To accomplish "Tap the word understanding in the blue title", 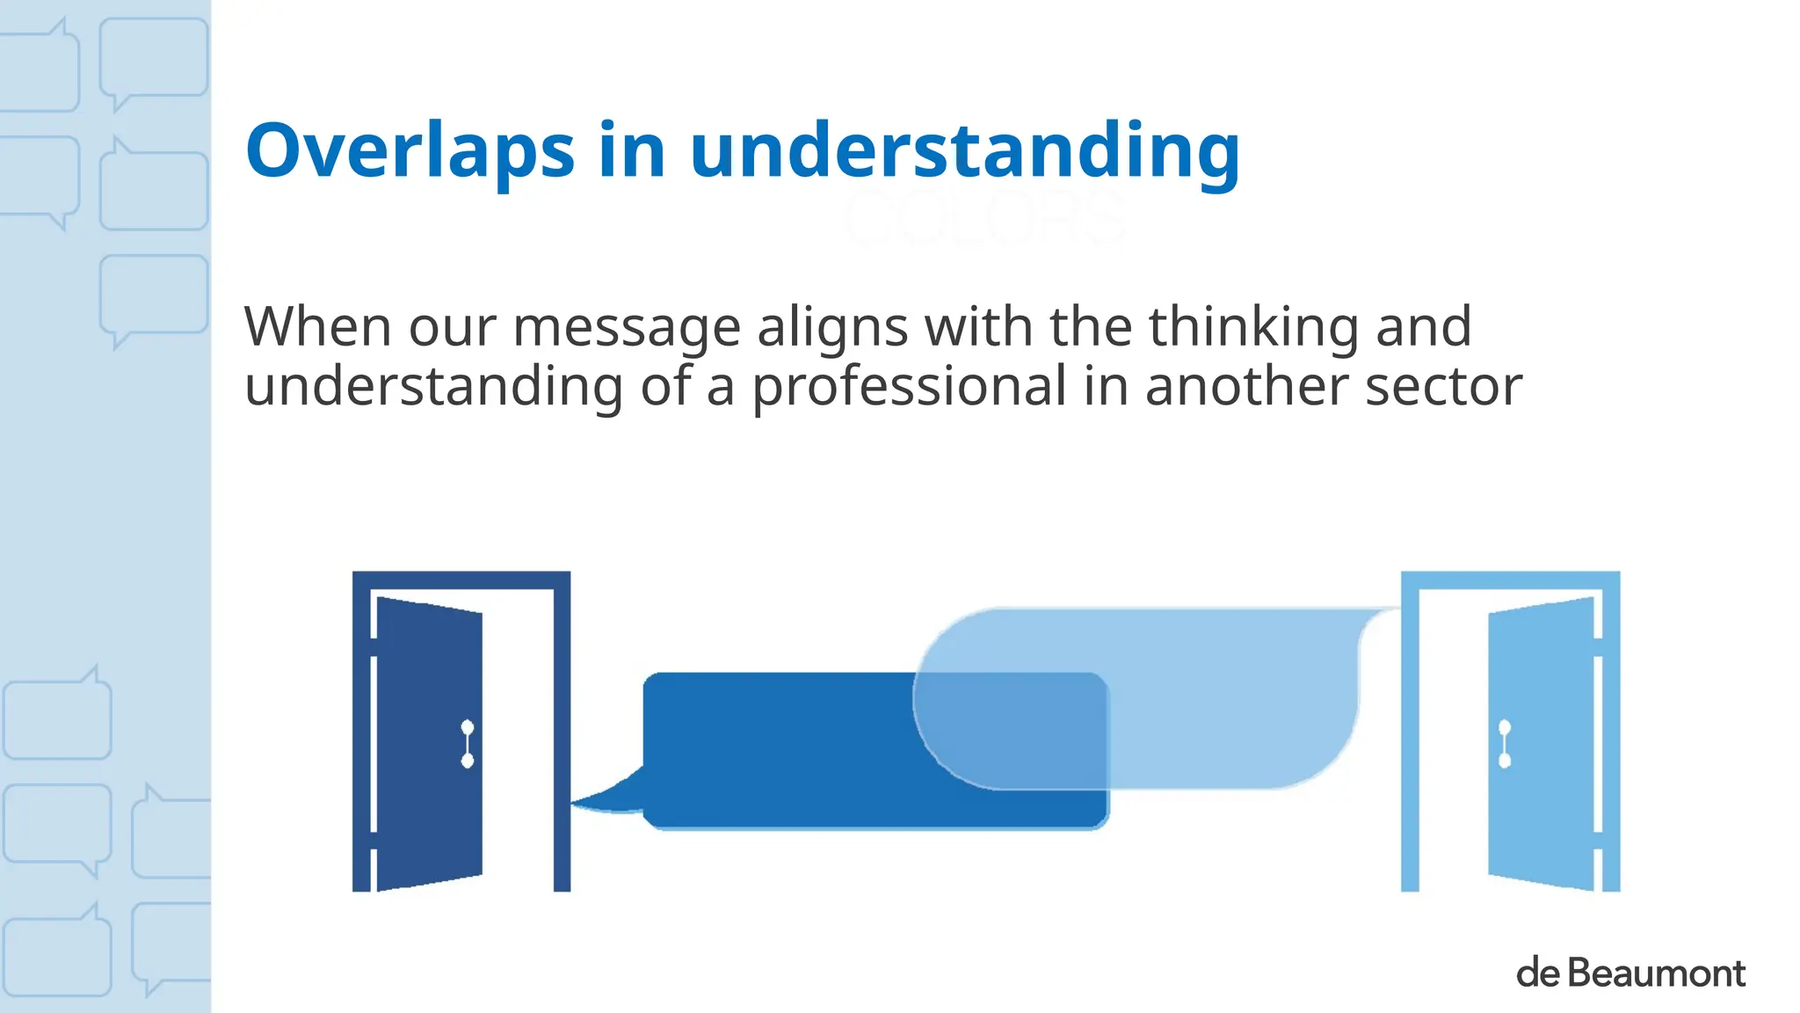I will [965, 151].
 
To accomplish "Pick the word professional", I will [909, 386].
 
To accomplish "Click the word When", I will [317, 327].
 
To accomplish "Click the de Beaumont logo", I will [1630, 973].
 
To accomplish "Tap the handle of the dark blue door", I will [468, 744].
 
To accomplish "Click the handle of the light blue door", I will [1505, 744].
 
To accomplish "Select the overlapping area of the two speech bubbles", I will [1011, 730].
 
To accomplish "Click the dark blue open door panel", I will [429, 744].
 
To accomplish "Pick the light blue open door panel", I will [1540, 744].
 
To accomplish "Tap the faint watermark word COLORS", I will [984, 217].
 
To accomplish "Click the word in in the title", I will [632, 151].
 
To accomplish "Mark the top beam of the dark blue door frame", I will [461, 579].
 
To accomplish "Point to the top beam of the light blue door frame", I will [1510, 579].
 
